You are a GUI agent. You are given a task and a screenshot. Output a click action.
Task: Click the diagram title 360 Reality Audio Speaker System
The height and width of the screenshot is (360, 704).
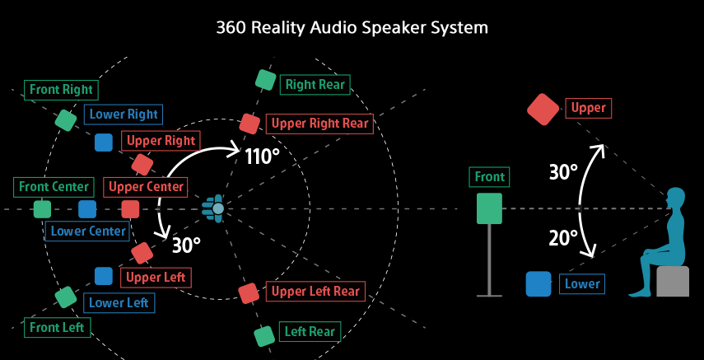click(352, 27)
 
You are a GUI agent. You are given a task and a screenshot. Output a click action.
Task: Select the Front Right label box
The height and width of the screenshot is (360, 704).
click(62, 89)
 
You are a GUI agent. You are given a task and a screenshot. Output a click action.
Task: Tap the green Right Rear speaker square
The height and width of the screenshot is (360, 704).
click(264, 80)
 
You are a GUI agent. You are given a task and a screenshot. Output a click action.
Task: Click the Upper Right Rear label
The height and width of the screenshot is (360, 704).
click(320, 124)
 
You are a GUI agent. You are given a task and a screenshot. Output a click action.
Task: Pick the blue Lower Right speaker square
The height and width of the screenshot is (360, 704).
click(103, 142)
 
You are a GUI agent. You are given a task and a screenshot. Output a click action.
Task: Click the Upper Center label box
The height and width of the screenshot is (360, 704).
click(147, 186)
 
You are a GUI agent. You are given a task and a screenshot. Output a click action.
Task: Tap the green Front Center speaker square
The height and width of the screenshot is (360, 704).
click(41, 209)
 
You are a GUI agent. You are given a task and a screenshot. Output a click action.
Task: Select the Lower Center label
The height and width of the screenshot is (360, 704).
click(88, 231)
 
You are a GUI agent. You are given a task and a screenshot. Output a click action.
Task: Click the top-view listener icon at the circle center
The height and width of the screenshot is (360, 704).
click(216, 209)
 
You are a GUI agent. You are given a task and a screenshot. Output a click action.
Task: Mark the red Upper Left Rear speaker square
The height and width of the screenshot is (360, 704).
click(249, 292)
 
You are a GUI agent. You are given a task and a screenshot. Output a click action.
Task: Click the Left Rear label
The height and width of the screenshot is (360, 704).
click(310, 332)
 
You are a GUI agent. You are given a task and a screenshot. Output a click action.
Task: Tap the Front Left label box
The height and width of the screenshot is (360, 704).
click(58, 326)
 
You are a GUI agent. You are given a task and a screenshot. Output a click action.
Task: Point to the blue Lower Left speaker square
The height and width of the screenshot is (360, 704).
click(103, 276)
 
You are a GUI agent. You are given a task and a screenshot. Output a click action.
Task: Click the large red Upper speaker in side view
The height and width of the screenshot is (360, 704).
click(543, 110)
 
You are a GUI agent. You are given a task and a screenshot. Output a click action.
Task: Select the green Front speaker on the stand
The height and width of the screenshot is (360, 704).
click(489, 208)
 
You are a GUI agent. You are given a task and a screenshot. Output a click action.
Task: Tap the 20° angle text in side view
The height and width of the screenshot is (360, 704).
click(563, 239)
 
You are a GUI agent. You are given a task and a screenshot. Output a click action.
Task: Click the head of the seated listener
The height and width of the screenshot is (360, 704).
click(675, 199)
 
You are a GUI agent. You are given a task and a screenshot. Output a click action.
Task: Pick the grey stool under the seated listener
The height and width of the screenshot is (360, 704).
click(673, 282)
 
